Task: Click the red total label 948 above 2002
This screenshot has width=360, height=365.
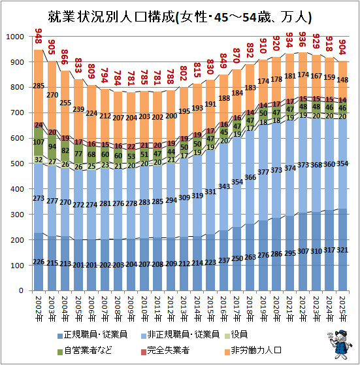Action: pos(39,36)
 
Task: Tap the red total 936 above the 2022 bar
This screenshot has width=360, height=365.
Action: pos(302,39)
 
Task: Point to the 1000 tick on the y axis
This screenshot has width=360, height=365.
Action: pos(15,37)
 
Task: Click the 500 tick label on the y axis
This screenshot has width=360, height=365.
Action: pos(17,164)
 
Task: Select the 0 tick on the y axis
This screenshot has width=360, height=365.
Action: pos(21,290)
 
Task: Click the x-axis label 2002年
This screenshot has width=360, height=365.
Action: pos(39,309)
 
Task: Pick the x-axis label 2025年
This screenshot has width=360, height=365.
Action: pos(343,309)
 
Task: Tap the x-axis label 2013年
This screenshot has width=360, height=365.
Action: pos(184,309)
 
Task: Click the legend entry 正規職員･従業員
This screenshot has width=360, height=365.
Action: pos(93,335)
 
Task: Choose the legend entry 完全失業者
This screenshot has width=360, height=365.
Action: pos(165,351)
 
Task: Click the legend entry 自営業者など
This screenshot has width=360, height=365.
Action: pos(85,351)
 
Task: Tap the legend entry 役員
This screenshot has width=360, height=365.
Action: pos(236,335)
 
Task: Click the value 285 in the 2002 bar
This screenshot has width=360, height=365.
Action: pos(39,86)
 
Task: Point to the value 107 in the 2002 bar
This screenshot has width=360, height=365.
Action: pos(39,142)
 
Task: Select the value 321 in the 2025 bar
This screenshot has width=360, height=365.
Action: pos(342,250)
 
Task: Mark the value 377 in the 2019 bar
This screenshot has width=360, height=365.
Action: pos(263,172)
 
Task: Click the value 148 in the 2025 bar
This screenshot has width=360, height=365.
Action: pos(342,80)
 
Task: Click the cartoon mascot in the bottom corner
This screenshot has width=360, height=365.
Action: pos(339,344)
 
